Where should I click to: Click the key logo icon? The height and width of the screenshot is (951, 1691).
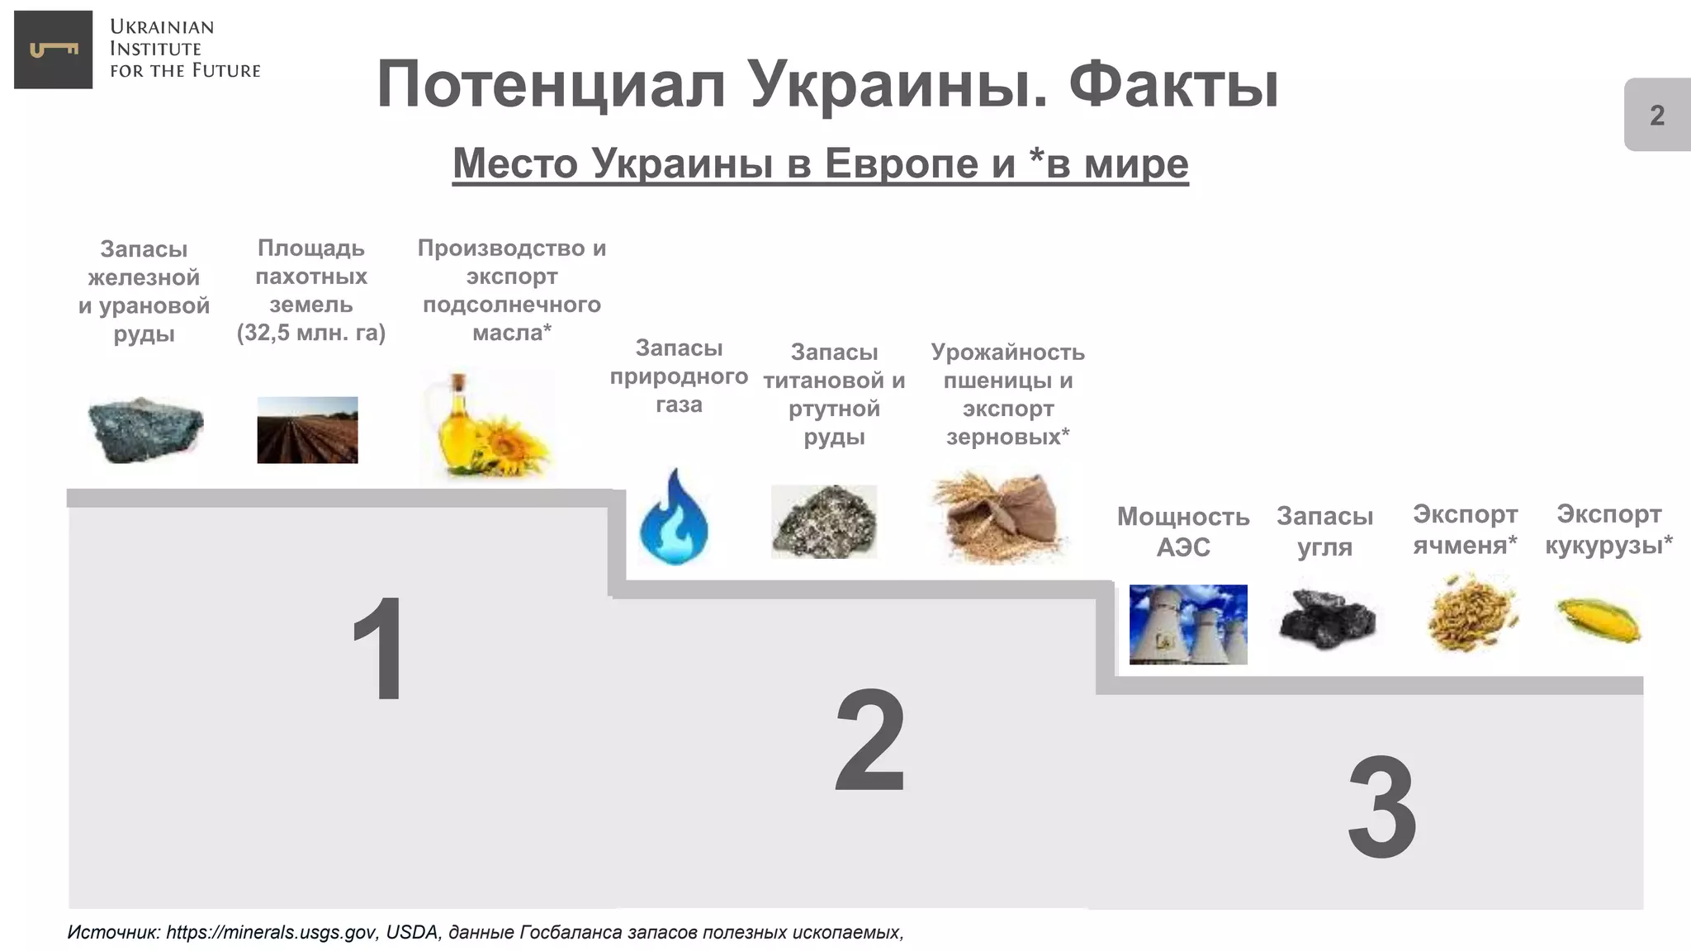pyautogui.click(x=54, y=50)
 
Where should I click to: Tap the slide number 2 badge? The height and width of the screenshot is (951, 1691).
pyautogui.click(x=1656, y=115)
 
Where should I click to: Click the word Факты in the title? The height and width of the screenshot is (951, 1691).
pyautogui.click(x=1173, y=85)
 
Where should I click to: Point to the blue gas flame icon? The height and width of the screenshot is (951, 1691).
pyautogui.click(x=674, y=518)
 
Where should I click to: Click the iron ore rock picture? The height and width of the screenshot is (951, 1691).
pyautogui.click(x=145, y=429)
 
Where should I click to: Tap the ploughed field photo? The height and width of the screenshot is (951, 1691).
pyautogui.click(x=307, y=430)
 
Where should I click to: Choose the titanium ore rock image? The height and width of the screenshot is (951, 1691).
pyautogui.click(x=824, y=521)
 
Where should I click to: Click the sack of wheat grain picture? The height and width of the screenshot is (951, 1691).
pyautogui.click(x=1001, y=517)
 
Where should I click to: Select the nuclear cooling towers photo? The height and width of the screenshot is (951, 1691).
pyautogui.click(x=1188, y=624)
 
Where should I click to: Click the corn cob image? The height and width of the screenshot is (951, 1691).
pyautogui.click(x=1599, y=620)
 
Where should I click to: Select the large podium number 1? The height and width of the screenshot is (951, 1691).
pyautogui.click(x=379, y=649)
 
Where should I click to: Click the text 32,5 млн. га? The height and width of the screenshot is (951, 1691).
pyautogui.click(x=311, y=333)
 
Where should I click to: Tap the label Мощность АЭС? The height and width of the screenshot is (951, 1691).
pyautogui.click(x=1183, y=532)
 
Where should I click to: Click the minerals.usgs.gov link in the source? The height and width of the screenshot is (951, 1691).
pyautogui.click(x=272, y=933)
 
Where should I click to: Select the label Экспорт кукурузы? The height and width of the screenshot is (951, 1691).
pyautogui.click(x=1608, y=529)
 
